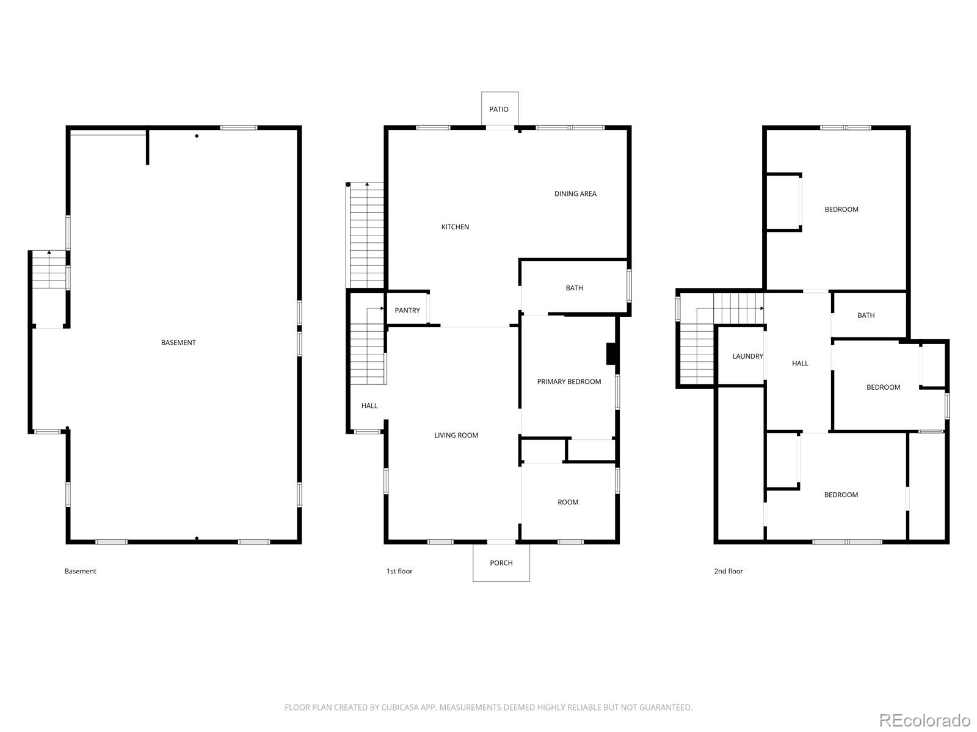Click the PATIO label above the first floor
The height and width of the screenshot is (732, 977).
click(x=498, y=109)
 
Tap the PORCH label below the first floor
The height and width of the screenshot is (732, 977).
click(x=501, y=562)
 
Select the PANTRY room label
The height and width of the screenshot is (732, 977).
click(x=407, y=310)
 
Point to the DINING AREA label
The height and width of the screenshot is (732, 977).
click(x=575, y=194)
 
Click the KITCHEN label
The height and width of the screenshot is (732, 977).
click(x=455, y=227)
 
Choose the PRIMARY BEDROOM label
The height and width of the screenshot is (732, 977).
click(x=569, y=382)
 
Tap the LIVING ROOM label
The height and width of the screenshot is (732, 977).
click(x=456, y=436)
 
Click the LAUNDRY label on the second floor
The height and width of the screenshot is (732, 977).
click(x=748, y=356)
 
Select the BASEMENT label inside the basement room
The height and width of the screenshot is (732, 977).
click(x=178, y=343)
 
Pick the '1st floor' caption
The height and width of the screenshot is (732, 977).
click(x=399, y=571)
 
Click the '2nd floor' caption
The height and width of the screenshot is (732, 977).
click(x=728, y=571)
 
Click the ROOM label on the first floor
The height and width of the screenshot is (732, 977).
click(x=568, y=502)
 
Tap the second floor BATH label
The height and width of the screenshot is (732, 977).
click(x=866, y=315)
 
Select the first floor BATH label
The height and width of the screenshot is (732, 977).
click(x=574, y=288)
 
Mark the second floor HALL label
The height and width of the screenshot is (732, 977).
click(x=800, y=364)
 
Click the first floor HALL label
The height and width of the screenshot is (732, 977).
click(x=369, y=406)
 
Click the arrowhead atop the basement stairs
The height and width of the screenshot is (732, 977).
click(x=49, y=253)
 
